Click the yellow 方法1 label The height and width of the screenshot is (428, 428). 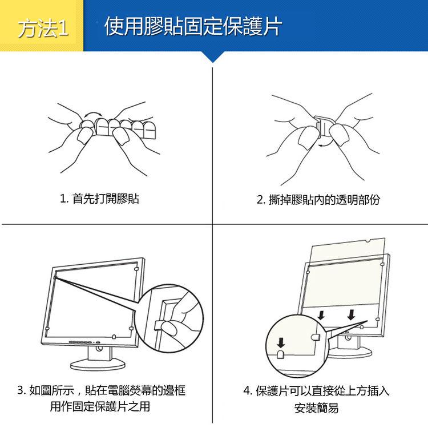[x=43, y=28]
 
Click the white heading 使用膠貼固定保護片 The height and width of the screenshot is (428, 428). [x=193, y=26]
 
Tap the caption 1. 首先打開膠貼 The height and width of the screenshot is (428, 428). [x=100, y=199]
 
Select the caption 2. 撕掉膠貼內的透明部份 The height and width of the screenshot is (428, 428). [x=318, y=200]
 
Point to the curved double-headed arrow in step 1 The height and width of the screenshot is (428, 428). [x=93, y=114]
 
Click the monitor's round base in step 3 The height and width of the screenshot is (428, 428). [x=98, y=365]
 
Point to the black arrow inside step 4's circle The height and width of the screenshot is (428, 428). [x=281, y=342]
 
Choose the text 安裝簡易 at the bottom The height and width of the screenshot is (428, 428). [x=316, y=408]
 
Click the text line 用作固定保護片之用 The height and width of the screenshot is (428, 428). [x=100, y=406]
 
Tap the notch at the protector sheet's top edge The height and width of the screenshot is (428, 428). [x=368, y=241]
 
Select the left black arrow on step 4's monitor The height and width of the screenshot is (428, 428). [x=321, y=315]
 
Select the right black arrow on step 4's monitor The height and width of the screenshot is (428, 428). [x=352, y=314]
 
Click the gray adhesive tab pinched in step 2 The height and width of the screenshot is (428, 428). [x=318, y=129]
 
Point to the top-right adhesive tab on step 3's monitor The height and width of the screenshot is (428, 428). [x=136, y=269]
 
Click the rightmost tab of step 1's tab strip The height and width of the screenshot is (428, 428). [x=150, y=130]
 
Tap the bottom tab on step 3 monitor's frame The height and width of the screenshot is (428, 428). [x=114, y=337]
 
